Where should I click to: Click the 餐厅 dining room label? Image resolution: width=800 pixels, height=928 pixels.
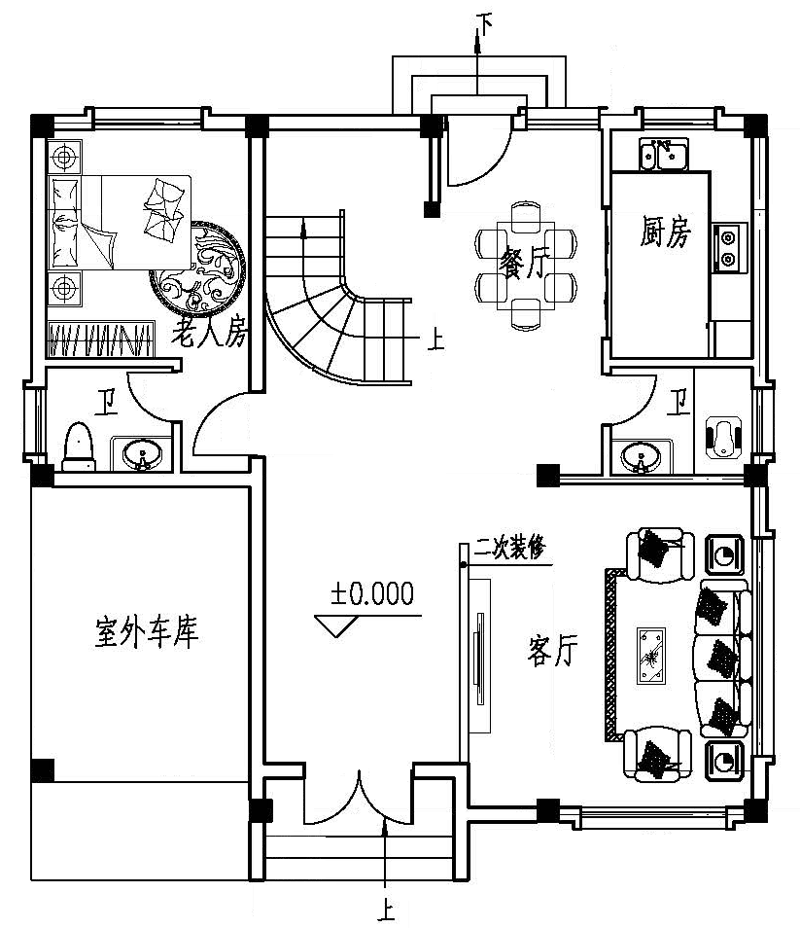tap(523, 264)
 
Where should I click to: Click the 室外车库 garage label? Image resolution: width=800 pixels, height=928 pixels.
tap(147, 632)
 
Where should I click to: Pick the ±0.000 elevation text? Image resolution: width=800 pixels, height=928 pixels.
tap(371, 592)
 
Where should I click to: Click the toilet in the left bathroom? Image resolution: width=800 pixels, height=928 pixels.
tap(78, 446)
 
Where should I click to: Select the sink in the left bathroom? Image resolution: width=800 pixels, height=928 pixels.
tap(142, 454)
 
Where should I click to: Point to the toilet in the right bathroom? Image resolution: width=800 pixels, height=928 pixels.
tap(723, 437)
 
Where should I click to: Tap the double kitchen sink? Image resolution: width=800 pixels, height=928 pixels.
tap(664, 154)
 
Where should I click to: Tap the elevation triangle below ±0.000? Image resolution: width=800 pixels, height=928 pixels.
tap(339, 625)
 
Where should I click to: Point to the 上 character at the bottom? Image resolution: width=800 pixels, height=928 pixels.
tap(386, 912)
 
